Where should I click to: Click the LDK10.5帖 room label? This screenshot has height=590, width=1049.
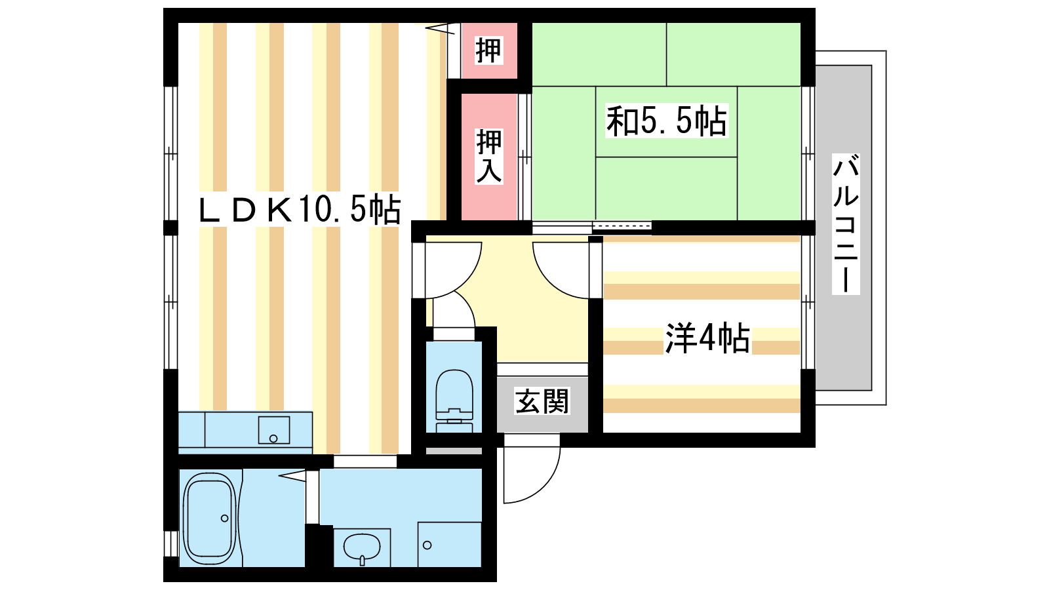[x=300, y=210]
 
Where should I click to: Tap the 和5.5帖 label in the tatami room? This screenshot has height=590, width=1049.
[x=667, y=121]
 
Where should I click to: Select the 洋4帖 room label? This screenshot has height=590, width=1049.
[x=707, y=338]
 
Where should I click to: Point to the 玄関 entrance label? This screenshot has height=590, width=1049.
[x=542, y=401]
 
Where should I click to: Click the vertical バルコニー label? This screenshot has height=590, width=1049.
[x=846, y=224]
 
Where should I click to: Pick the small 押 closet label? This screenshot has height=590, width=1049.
[x=489, y=50]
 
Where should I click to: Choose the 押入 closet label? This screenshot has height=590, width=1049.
[x=489, y=157]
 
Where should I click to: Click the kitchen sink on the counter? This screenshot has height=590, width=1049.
[x=274, y=430]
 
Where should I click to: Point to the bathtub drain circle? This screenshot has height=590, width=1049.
[x=224, y=519]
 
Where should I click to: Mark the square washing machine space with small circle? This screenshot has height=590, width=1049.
[x=450, y=545]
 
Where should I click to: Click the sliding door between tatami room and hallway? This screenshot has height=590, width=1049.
[x=592, y=227]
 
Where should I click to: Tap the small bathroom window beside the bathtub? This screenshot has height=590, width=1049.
[x=171, y=543]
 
